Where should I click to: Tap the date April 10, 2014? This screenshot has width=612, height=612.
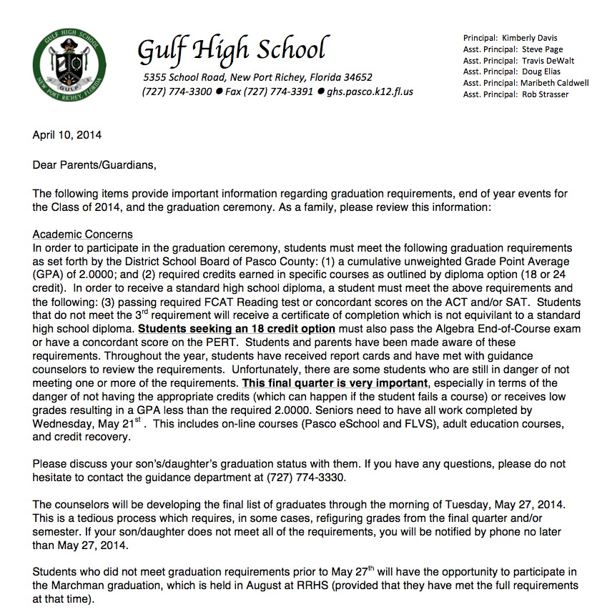pos(67,134)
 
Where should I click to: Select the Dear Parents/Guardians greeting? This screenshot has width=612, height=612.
pos(94,165)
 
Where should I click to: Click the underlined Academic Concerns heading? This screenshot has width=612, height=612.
pos(82,235)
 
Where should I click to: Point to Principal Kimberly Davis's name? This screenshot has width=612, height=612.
pos(529,38)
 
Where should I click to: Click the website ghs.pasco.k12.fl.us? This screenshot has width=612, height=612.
pos(370,92)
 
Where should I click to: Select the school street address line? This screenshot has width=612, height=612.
pos(257,77)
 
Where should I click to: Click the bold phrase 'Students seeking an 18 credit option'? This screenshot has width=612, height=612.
pos(237,329)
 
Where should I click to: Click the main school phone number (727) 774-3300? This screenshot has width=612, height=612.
pos(177,92)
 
